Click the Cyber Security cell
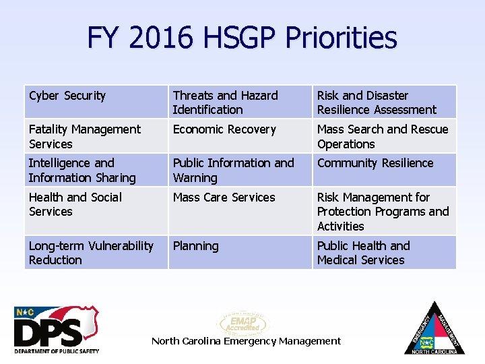tap(96, 102)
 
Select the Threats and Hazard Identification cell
tap(240, 102)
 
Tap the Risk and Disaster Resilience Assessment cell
tap(384, 102)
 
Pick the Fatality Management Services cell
tap(96, 136)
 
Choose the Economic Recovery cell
tap(240, 136)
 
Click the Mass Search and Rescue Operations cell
tap(384, 136)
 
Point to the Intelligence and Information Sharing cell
tap(96, 170)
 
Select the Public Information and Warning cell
tap(240, 170)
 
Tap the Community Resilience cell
tap(384, 170)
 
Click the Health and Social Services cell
tap(96, 210)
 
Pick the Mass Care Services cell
tap(240, 210)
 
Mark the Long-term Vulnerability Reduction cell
tap(96, 252)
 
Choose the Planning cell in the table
tap(240, 252)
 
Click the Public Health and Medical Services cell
tap(384, 252)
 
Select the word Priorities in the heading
tap(341, 38)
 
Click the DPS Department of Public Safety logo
tap(57, 330)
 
